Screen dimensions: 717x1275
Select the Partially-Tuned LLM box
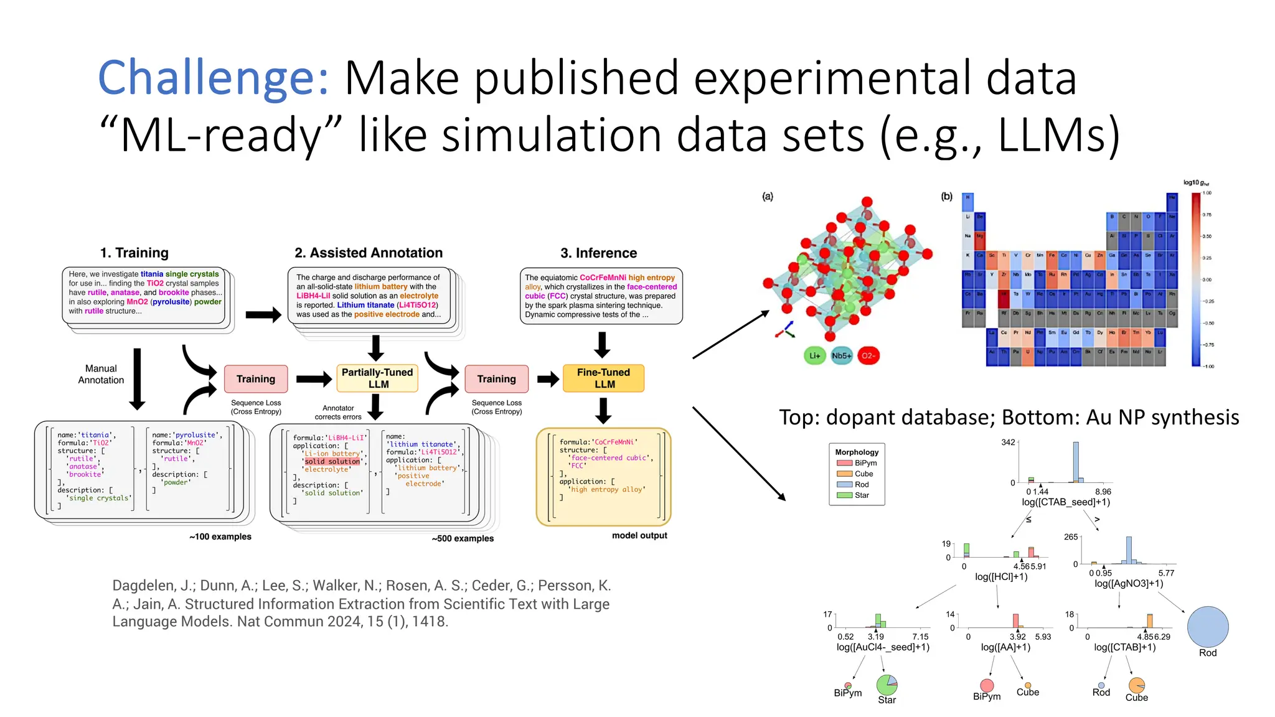coord(377,378)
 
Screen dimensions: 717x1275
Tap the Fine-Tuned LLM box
coord(603,378)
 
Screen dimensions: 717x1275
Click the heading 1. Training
coord(134,253)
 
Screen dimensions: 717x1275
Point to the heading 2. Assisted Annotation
coord(369,253)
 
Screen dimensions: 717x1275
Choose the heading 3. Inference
coord(598,253)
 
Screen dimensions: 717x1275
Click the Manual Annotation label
coord(101,374)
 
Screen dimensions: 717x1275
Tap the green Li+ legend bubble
coord(814,355)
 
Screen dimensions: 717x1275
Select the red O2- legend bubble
coord(868,355)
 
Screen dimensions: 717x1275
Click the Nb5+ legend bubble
coord(841,355)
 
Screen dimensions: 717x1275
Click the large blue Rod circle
coord(1207,627)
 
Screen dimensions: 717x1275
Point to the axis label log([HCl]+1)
coord(1001,577)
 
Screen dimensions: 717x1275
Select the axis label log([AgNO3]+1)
coord(1128,583)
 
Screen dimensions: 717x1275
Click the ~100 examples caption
coord(220,537)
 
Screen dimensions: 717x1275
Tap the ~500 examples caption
coord(463,538)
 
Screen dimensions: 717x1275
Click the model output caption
coord(639,535)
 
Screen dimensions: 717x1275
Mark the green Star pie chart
coord(887,685)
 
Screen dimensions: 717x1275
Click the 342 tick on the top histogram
coord(1008,443)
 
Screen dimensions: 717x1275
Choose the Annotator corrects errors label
coord(338,413)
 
